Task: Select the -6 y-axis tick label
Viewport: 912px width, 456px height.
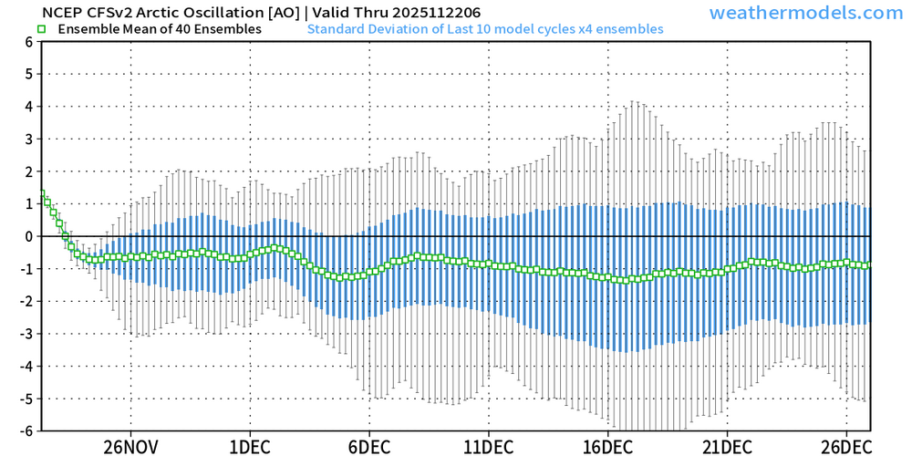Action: (27, 430)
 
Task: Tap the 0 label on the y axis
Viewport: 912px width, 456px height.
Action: (30, 236)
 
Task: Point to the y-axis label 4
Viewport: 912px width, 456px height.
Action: (30, 106)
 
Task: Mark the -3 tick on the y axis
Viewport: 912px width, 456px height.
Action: (27, 334)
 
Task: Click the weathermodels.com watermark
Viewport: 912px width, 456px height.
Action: (805, 13)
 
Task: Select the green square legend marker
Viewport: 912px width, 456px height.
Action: (41, 29)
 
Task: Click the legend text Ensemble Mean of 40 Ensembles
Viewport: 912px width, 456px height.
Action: (159, 29)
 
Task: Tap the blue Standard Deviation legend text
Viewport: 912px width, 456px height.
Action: (485, 29)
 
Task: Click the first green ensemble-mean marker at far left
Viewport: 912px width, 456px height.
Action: (42, 194)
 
